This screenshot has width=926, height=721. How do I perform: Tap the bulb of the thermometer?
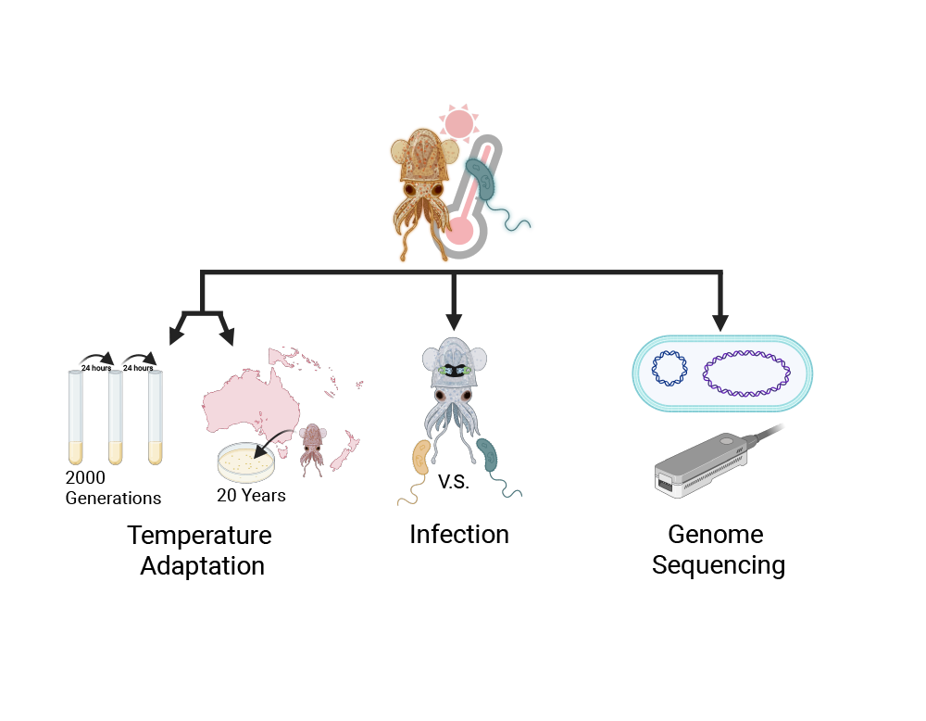459,229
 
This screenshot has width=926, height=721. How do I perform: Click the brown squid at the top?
422,181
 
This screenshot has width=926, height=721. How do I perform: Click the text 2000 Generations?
112,487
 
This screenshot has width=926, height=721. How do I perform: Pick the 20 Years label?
251,496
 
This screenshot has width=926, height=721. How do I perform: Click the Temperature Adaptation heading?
201,550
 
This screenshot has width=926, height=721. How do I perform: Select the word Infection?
459,535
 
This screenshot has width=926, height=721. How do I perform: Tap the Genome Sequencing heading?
718,550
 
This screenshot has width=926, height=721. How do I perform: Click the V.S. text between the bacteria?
454,484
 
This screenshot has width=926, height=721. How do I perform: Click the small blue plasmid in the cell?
669,369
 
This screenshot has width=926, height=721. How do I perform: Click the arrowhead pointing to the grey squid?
454,322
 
